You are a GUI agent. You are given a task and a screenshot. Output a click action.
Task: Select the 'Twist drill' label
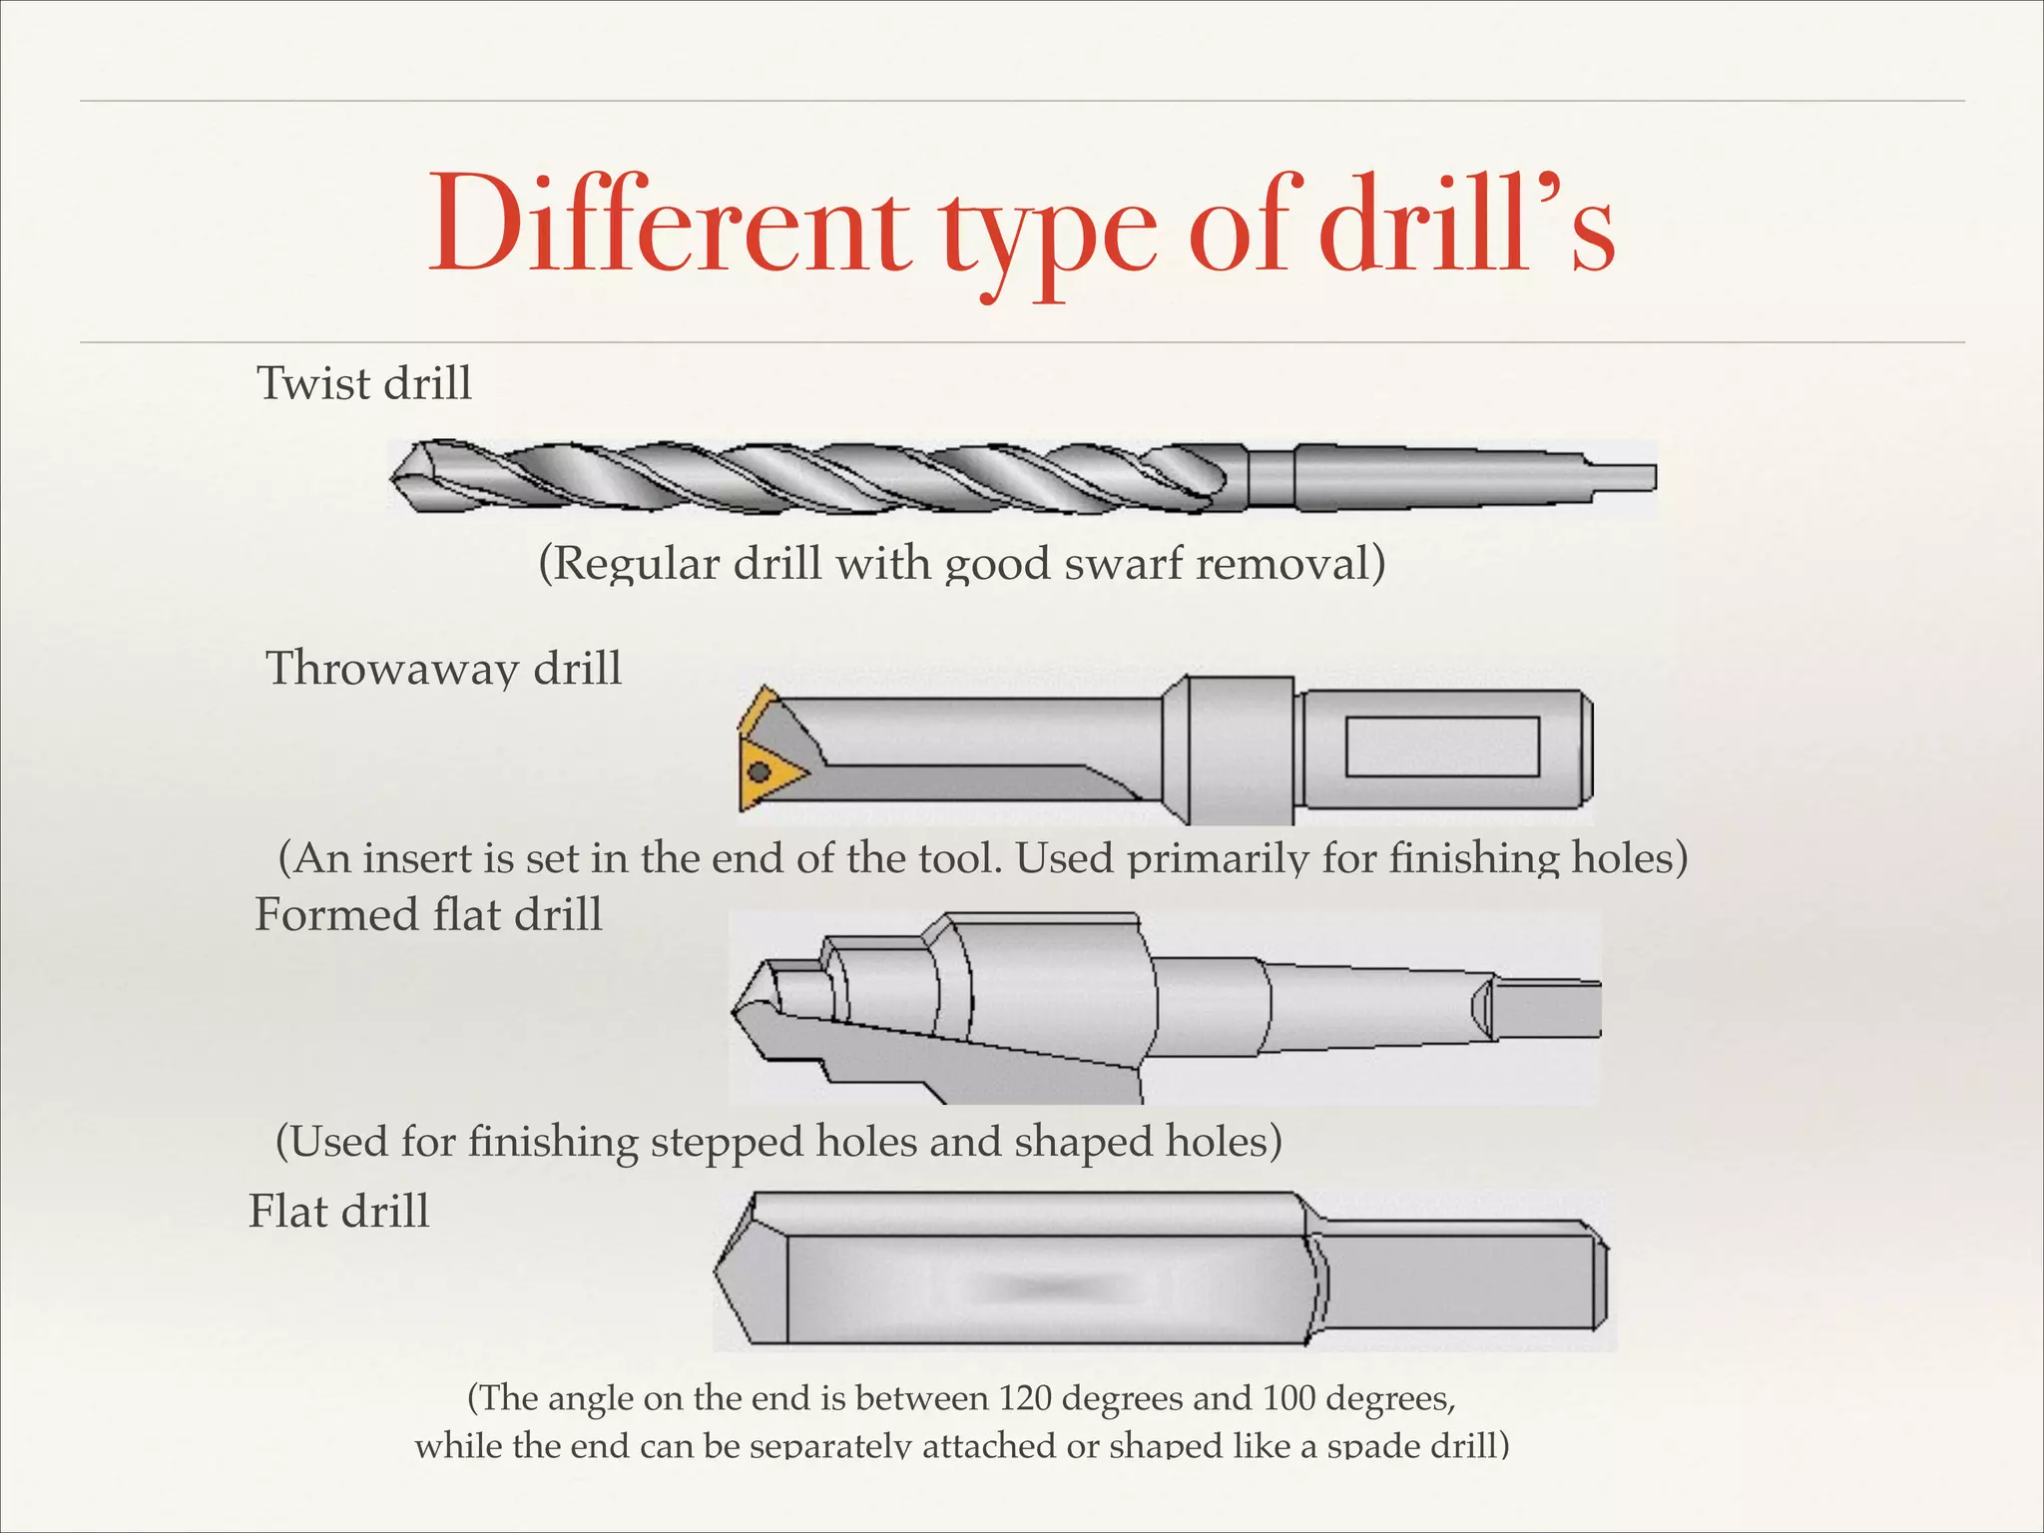364,383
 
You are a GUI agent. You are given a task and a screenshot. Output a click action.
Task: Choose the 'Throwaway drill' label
443,668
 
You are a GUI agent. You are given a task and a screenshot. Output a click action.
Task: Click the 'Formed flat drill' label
428,914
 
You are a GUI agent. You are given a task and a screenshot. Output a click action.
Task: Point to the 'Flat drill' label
338,1212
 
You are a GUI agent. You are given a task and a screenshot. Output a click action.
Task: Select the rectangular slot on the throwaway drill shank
1441,747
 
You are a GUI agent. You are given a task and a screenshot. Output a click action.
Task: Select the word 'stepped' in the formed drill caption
728,1141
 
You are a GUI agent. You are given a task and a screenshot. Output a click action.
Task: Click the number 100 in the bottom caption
1287,1398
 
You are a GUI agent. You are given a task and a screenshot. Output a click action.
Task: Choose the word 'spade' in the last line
1371,1445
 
